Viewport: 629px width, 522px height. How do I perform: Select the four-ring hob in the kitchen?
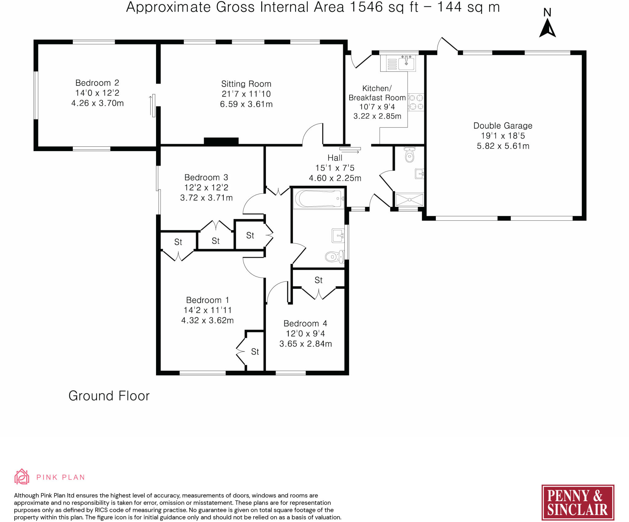click(416, 102)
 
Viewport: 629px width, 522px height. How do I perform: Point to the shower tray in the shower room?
click(409, 200)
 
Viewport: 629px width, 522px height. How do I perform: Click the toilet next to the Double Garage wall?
click(410, 155)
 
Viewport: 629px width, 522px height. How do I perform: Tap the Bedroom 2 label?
click(97, 83)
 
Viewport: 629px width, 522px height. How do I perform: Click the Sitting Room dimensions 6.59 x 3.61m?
click(246, 104)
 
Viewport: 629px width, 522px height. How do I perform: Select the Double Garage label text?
click(503, 126)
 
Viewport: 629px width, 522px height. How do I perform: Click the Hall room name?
click(335, 158)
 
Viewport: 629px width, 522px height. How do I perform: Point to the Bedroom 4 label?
click(305, 323)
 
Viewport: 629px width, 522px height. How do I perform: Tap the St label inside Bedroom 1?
click(255, 352)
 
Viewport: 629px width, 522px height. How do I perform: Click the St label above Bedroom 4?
click(318, 280)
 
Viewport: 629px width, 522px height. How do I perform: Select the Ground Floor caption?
click(109, 396)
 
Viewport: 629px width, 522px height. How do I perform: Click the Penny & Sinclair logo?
click(578, 502)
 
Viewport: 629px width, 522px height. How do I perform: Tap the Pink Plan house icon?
click(22, 477)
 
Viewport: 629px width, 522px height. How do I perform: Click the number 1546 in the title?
click(366, 7)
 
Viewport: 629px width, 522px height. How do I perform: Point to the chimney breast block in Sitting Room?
click(221, 141)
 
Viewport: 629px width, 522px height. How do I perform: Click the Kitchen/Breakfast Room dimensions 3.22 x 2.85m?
click(377, 116)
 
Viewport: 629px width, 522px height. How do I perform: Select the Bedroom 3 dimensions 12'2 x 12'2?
click(206, 188)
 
